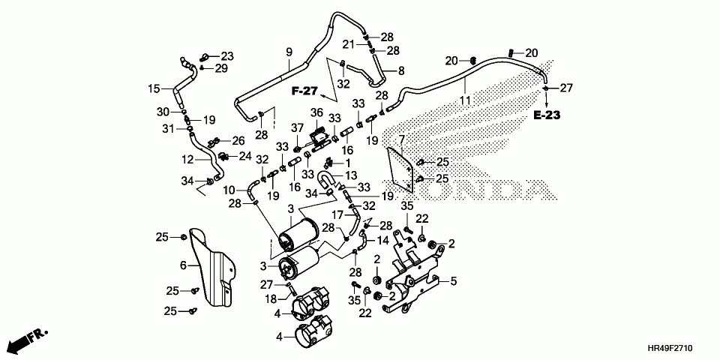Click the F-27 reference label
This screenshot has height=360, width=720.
click(x=304, y=91)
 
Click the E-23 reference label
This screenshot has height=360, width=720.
click(x=547, y=115)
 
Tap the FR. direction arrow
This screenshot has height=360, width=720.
click(x=28, y=340)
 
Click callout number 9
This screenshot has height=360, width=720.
click(x=289, y=52)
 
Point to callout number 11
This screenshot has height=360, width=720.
click(x=465, y=100)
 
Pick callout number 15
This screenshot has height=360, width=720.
click(x=153, y=88)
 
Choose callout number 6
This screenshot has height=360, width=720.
click(x=183, y=265)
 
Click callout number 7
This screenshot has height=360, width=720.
click(x=401, y=139)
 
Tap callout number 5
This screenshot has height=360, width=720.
click(x=454, y=281)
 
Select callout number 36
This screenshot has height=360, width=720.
click(x=316, y=112)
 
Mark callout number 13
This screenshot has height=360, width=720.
click(x=351, y=176)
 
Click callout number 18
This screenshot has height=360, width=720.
click(x=271, y=299)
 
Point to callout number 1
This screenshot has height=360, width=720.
click(x=347, y=162)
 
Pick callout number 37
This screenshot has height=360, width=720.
click(x=297, y=139)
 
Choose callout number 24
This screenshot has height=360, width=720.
click(x=245, y=156)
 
